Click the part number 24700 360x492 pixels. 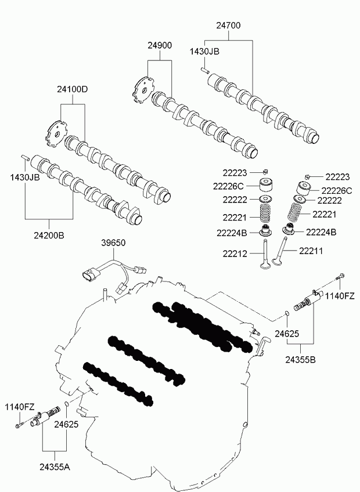tap(228, 26)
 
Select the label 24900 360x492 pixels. tap(160, 45)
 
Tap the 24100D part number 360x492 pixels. tap(73, 89)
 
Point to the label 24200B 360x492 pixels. tap(49, 235)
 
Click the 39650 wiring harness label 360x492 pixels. tap(113, 243)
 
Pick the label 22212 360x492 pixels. tap(235, 254)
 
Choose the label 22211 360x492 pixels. tap(311, 251)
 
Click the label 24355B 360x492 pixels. tap(301, 360)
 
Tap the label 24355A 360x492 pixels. tap(55, 467)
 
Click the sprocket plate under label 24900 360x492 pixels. tap(143, 91)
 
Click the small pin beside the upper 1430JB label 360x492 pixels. tap(206, 71)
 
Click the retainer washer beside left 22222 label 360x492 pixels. tap(265, 199)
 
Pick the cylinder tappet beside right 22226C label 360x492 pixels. tap(304, 189)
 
